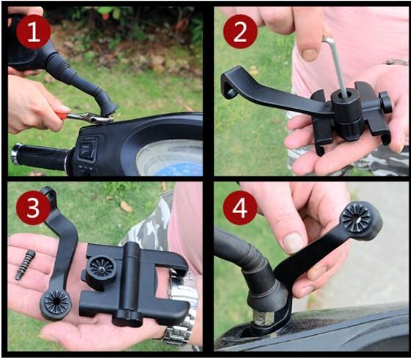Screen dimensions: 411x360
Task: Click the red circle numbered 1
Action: click(x=34, y=32)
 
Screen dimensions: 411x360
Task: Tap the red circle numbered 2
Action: click(x=240, y=32)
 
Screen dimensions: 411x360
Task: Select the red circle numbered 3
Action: click(x=33, y=208)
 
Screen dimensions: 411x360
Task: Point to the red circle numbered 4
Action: click(x=240, y=208)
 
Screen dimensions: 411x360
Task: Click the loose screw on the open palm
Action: click(x=26, y=264)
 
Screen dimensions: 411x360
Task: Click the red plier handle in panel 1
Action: click(x=63, y=115)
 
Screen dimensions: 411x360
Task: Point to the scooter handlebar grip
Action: click(x=40, y=156)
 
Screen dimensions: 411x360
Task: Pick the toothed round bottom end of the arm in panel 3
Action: click(x=56, y=303)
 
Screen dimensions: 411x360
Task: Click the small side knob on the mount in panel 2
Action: click(x=385, y=102)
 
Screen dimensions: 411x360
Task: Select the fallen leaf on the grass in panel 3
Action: click(x=126, y=206)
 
